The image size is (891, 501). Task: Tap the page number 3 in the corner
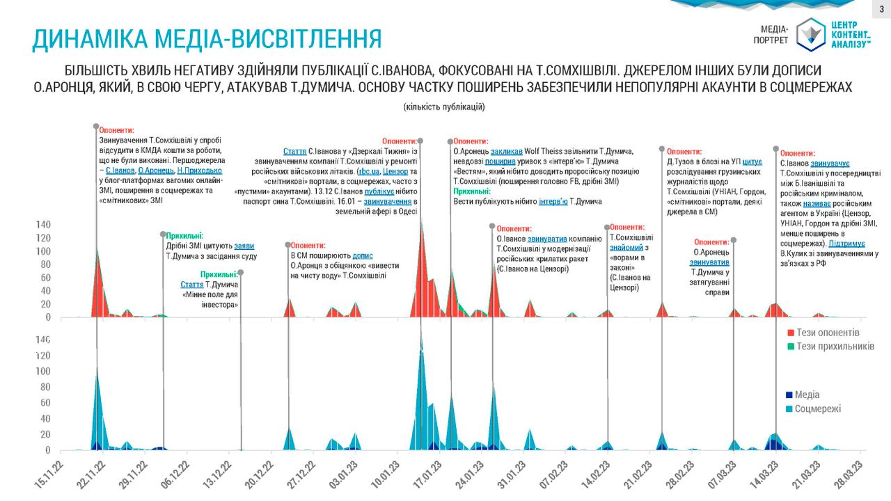pos(881,8)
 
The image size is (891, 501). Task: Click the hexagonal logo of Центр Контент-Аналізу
pos(810,34)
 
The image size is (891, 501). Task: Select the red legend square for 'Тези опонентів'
pos(791,333)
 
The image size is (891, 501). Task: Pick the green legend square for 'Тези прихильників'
pos(791,346)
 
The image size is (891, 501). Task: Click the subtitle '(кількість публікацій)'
pos(444,107)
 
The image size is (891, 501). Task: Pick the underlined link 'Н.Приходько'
pos(200,170)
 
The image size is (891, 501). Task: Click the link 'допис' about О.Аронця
pos(363,255)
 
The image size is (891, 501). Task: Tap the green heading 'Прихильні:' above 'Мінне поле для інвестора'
pos(219,275)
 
